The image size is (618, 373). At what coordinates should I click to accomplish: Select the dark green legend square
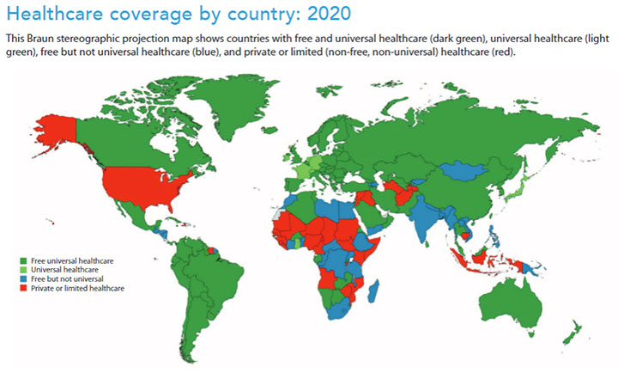click(x=22, y=260)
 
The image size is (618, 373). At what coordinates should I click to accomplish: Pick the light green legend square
click(x=22, y=269)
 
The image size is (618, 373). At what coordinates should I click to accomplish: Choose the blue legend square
click(x=22, y=278)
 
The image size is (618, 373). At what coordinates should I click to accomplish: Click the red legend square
click(x=22, y=288)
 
